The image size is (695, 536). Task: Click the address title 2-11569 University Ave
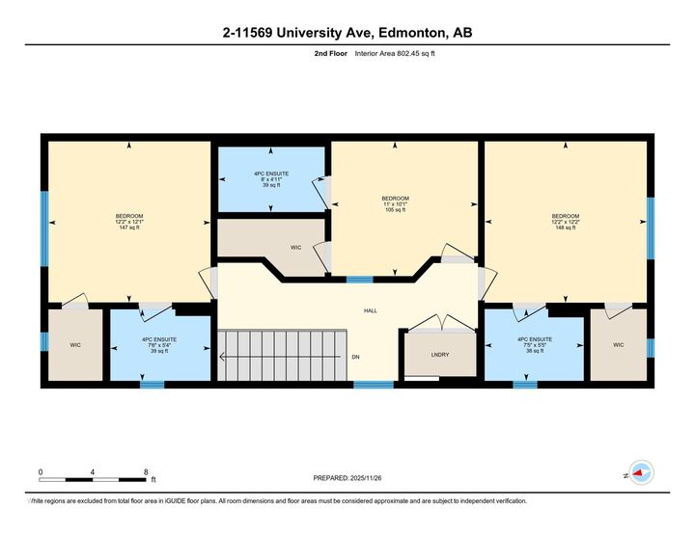pos(347,33)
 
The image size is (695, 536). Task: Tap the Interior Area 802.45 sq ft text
pos(395,54)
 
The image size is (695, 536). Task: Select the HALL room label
pos(370,311)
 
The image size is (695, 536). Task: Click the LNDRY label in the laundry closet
pos(440,355)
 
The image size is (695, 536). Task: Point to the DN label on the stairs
pos(355,358)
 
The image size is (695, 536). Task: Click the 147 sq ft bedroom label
pos(129,223)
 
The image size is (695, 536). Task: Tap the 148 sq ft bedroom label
pos(566,223)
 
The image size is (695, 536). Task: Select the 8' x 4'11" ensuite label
pos(270,178)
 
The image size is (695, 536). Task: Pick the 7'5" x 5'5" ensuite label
pos(534,345)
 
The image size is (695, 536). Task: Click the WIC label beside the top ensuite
pos(296,248)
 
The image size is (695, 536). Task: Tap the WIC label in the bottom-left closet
pos(75,344)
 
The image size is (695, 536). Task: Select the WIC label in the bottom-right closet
pos(619,344)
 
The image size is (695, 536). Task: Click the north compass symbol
pos(638,472)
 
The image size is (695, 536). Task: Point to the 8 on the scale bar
pos(145,472)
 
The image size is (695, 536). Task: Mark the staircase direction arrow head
pos(223,358)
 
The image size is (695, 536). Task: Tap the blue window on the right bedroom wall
pos(650,228)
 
